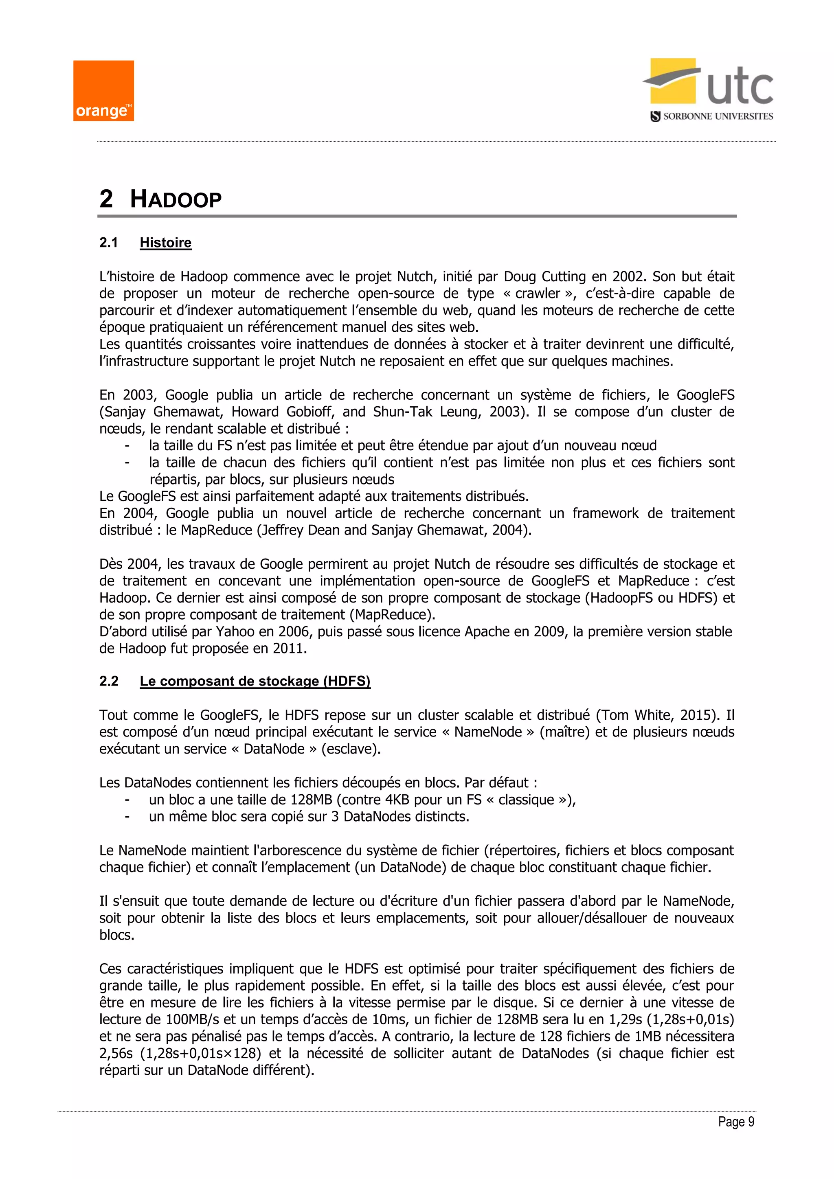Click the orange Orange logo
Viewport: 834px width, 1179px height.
click(x=103, y=91)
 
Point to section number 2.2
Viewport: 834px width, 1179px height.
click(x=109, y=681)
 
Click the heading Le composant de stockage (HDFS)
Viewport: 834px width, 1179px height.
click(x=255, y=681)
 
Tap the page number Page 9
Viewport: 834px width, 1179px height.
click(x=736, y=1122)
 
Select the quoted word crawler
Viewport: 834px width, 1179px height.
click(x=537, y=294)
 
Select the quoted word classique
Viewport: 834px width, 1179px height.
click(x=527, y=800)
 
